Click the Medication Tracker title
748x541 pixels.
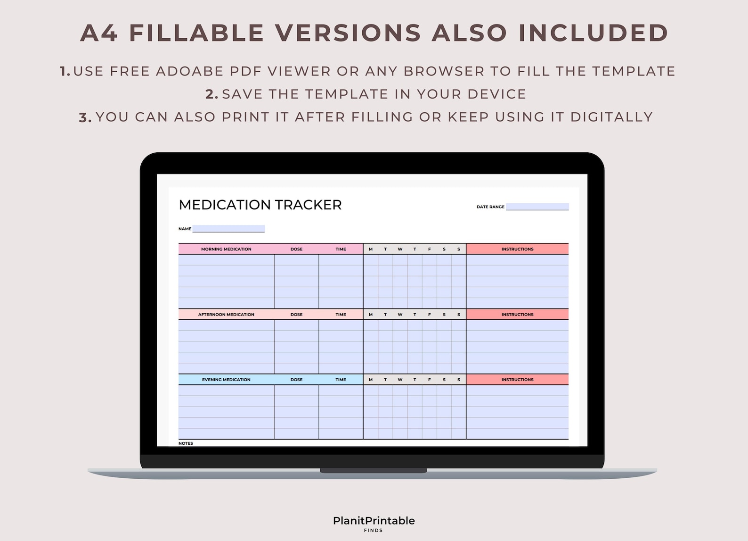click(260, 205)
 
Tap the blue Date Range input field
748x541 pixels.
click(537, 207)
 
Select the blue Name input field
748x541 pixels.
click(228, 229)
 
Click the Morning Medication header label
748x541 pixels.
click(226, 249)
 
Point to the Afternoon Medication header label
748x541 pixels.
click(226, 315)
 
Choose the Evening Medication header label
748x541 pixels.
click(226, 380)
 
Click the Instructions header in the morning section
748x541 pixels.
click(517, 249)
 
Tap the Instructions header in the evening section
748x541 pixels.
click(517, 380)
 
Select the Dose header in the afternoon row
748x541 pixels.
click(296, 315)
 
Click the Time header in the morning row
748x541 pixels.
click(341, 249)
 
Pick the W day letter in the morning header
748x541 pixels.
click(400, 249)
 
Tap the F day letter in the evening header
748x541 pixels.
click(429, 380)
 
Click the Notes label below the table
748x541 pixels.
click(186, 443)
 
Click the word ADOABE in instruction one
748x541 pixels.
click(190, 71)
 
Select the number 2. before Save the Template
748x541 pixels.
click(212, 94)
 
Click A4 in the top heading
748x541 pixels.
click(99, 33)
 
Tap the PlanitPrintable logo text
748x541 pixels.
click(374, 521)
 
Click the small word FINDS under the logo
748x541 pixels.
click(374, 531)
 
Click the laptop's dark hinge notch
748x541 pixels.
click(373, 471)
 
